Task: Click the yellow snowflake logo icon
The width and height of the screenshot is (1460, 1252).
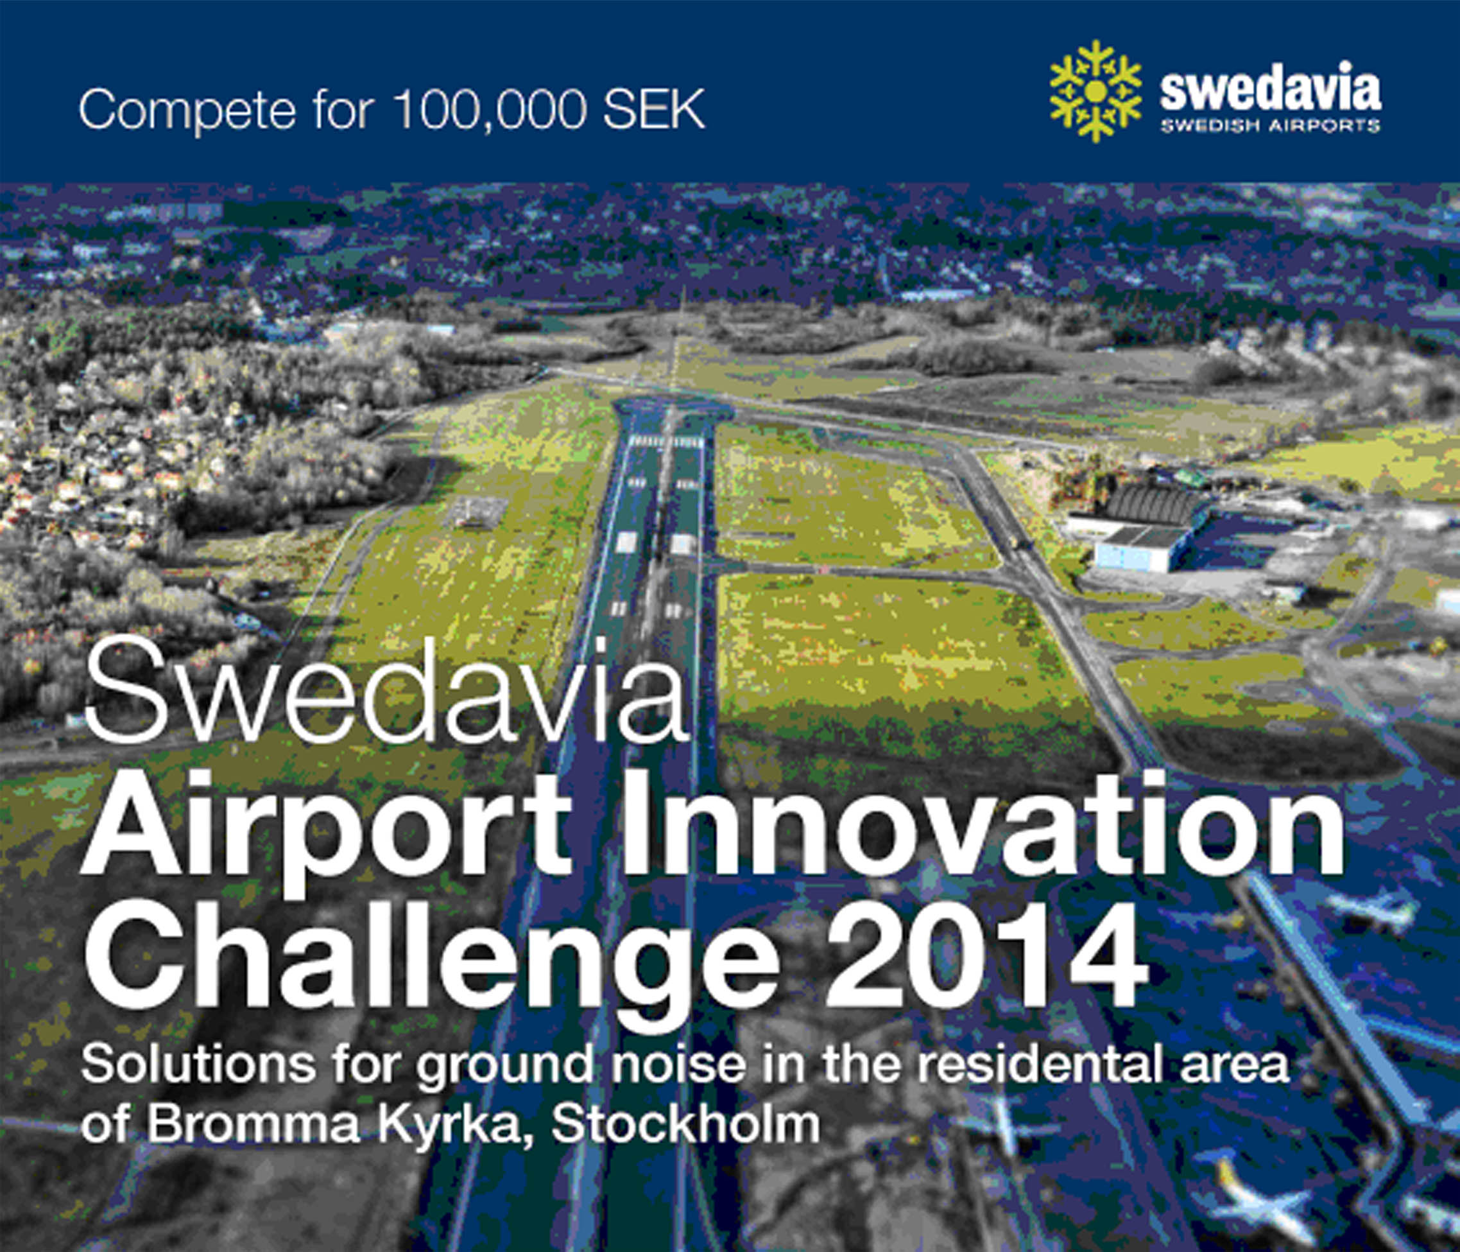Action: coord(1095,91)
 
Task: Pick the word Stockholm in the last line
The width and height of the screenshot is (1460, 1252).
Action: coord(685,1124)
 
